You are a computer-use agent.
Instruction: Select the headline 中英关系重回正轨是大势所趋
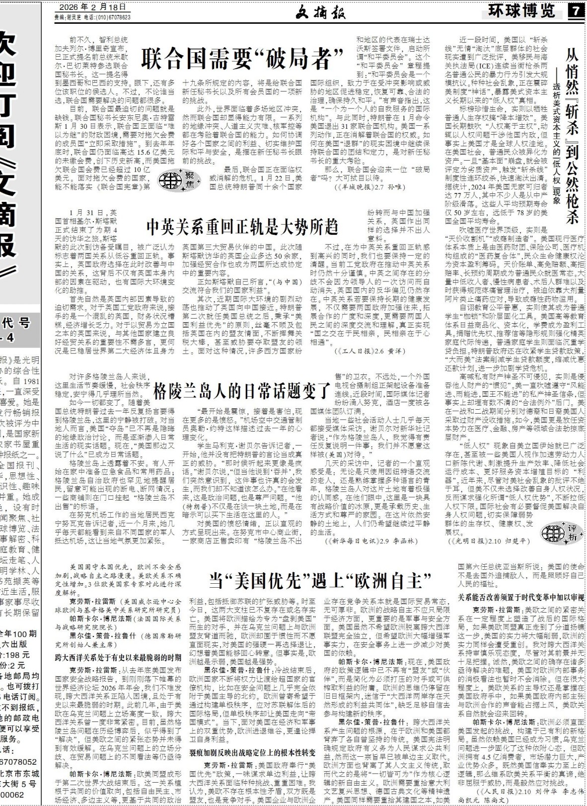click(x=242, y=226)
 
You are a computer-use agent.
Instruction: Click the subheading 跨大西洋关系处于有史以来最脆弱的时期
click(x=118, y=657)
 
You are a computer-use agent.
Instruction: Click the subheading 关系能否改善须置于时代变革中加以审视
click(x=520, y=597)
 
